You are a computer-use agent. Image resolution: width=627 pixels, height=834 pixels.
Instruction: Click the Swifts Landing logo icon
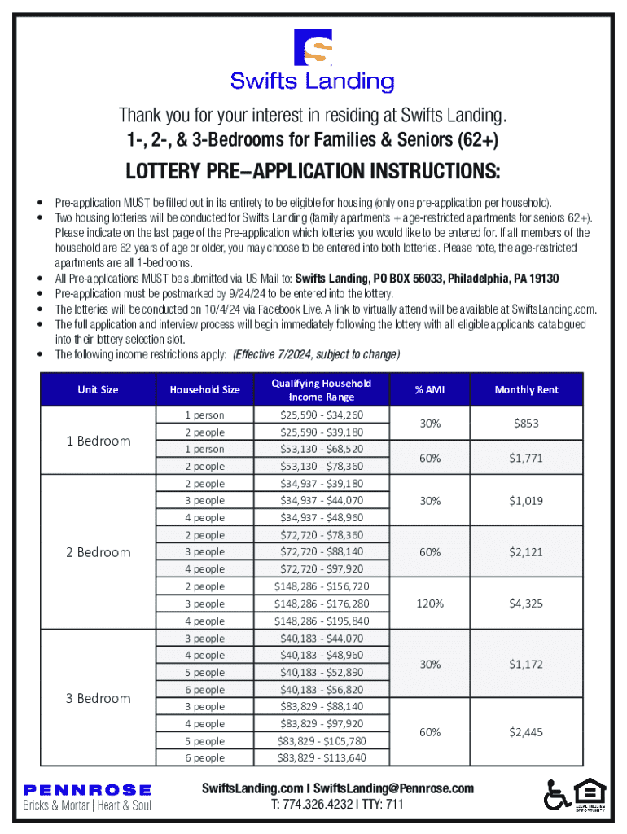click(313, 48)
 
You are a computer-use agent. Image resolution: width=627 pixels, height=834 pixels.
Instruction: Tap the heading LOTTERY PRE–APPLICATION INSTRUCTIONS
click(313, 173)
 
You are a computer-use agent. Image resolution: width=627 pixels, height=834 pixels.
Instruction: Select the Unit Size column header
click(98, 390)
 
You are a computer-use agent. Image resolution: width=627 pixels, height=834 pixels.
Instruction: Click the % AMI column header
click(430, 390)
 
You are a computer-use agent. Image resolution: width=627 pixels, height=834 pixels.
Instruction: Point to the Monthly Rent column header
click(526, 390)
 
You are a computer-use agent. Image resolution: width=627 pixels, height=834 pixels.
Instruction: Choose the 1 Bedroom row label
click(98, 441)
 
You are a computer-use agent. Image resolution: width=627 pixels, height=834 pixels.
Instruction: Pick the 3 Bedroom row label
click(98, 698)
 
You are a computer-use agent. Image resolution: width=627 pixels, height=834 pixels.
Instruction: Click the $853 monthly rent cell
click(526, 424)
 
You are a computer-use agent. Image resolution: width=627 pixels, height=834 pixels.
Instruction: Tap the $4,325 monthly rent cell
click(526, 604)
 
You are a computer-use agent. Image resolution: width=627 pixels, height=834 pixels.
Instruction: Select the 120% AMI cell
click(430, 604)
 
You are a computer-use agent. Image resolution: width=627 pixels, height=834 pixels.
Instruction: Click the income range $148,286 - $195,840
click(322, 621)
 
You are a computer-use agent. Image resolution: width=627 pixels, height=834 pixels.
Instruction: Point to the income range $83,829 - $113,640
click(322, 758)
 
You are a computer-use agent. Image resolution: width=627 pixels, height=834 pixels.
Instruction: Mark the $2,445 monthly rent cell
click(526, 732)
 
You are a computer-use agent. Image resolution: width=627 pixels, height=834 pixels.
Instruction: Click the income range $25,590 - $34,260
click(322, 415)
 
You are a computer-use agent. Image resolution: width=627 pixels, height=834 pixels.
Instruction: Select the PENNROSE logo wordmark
click(87, 789)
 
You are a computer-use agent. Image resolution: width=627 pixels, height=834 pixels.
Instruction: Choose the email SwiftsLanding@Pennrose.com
click(393, 788)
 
